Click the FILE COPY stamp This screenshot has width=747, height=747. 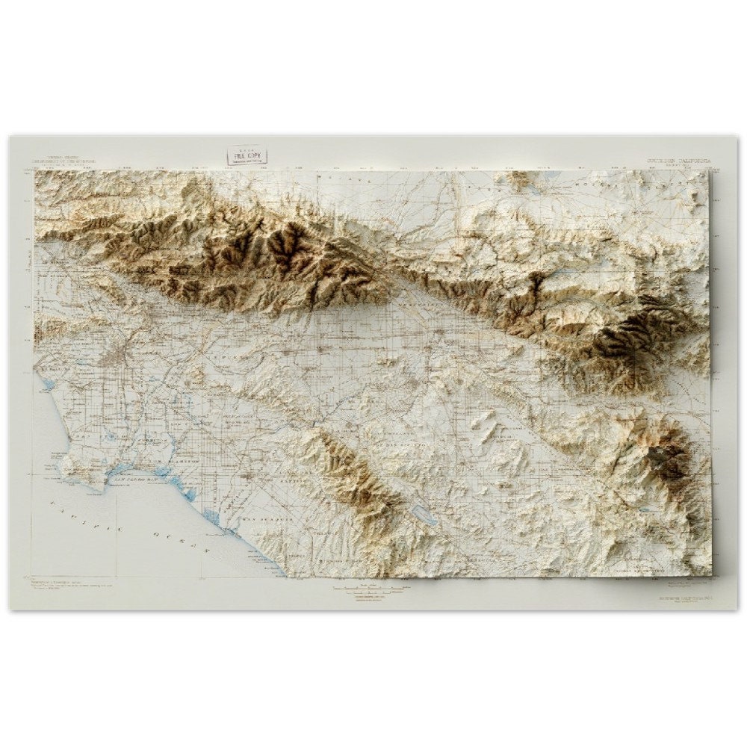pos(249,155)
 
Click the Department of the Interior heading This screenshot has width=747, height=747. pos(65,161)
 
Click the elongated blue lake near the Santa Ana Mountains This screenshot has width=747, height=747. pos(423,515)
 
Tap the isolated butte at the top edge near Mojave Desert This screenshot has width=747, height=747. pos(518,179)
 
